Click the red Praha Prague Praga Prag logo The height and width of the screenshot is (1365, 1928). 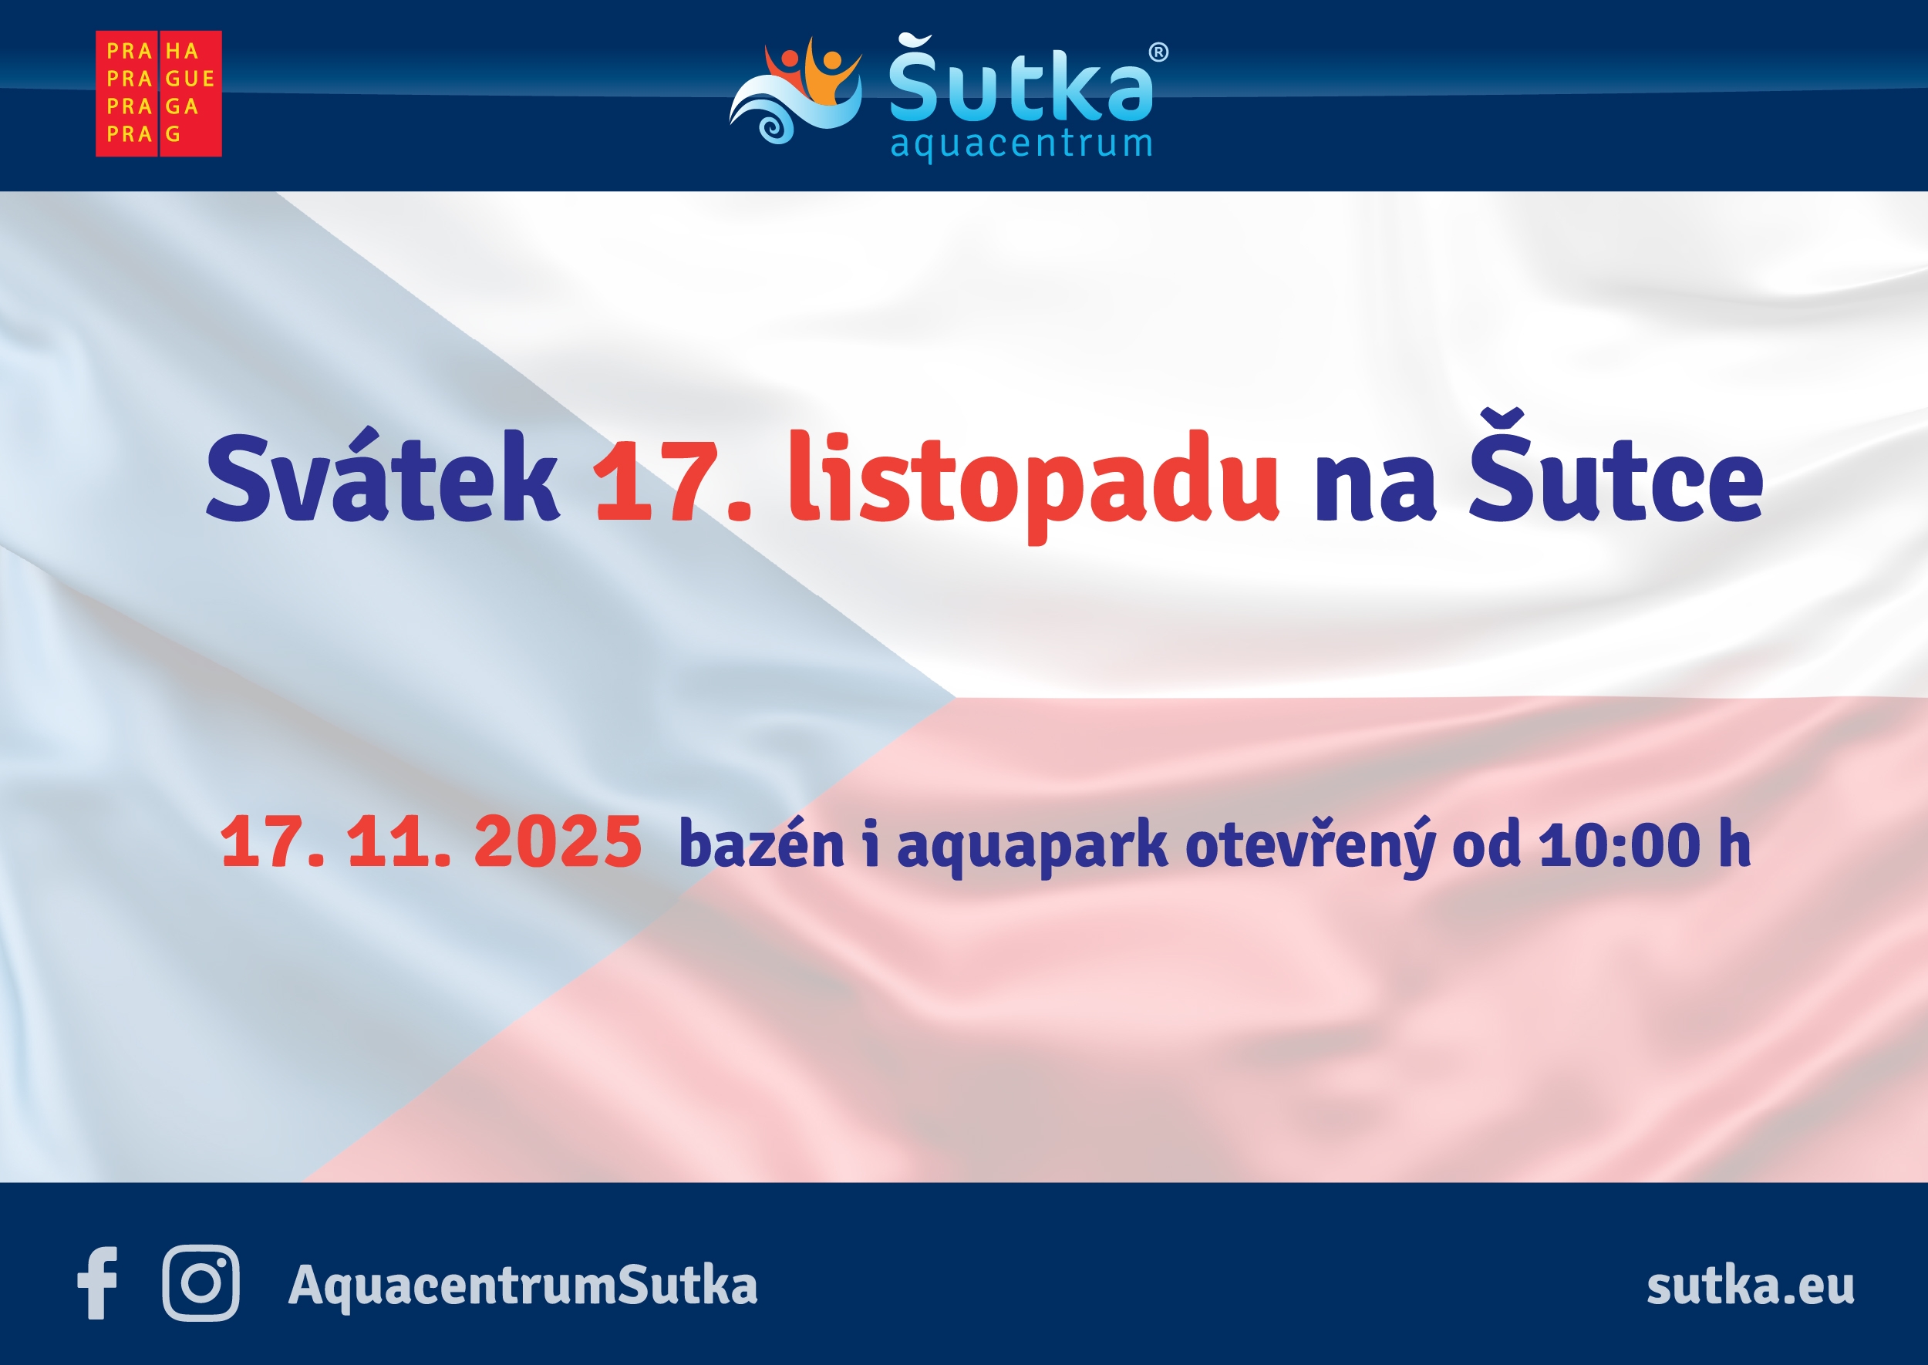(x=159, y=93)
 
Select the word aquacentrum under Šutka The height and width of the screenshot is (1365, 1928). (x=1020, y=144)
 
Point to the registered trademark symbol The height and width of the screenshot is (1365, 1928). (x=1158, y=52)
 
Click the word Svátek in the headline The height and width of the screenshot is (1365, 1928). (x=383, y=477)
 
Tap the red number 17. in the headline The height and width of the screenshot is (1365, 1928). (x=672, y=479)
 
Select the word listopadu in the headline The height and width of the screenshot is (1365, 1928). (x=1033, y=484)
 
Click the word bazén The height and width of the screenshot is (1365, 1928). (x=761, y=843)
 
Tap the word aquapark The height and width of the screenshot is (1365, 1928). (x=1033, y=847)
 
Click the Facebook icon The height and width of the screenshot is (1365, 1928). (x=97, y=1283)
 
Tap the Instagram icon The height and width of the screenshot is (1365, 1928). (x=201, y=1283)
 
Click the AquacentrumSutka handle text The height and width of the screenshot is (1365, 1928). (x=523, y=1286)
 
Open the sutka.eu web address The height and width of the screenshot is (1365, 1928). (x=1751, y=1286)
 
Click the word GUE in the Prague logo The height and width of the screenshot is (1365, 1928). (x=190, y=79)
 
